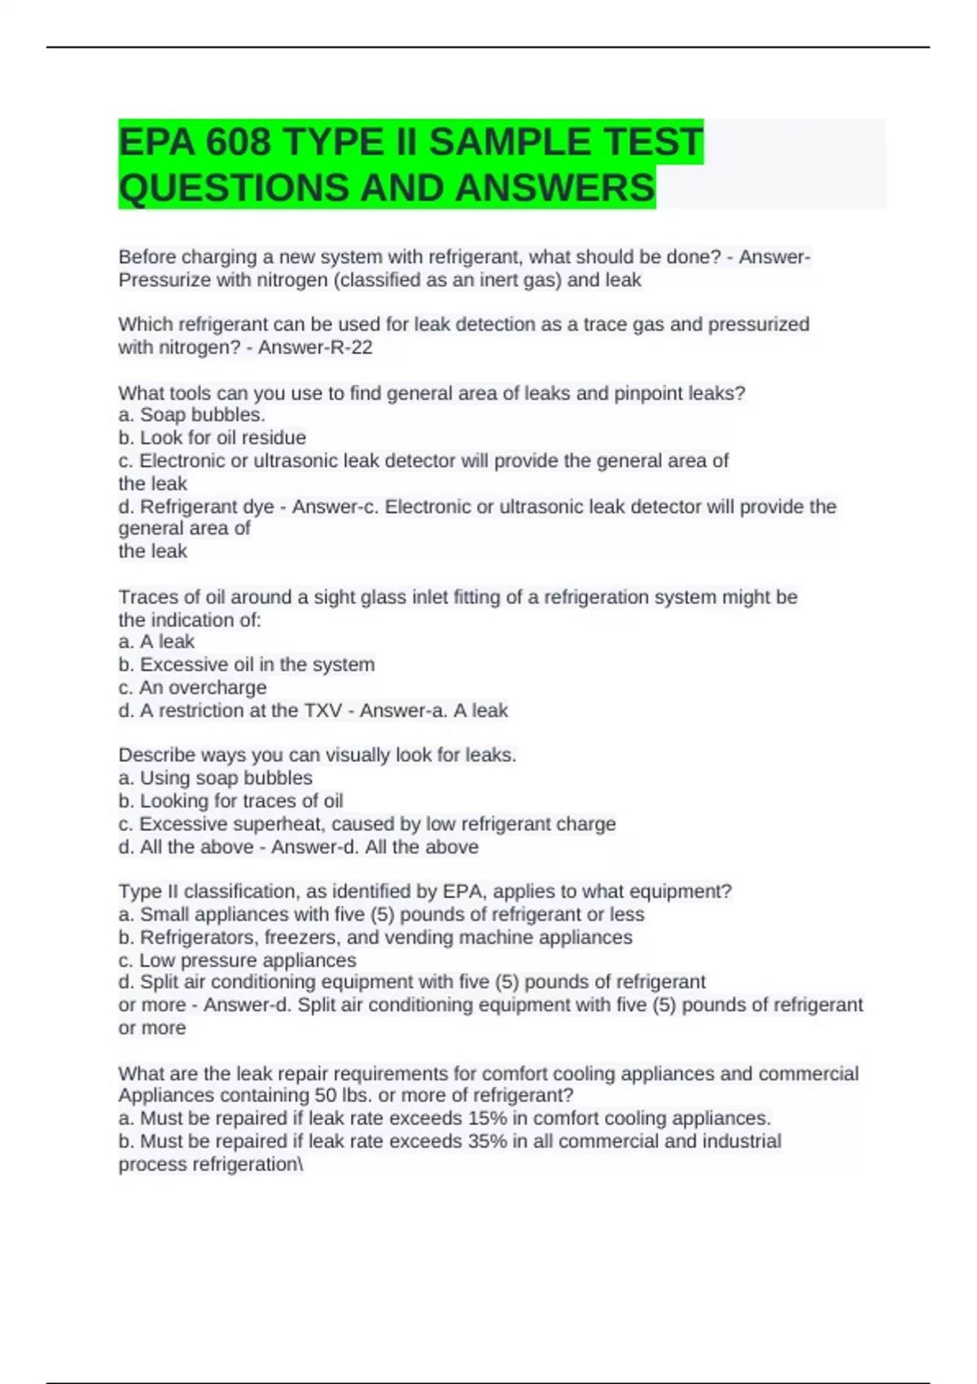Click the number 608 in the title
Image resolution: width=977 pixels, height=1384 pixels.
(238, 142)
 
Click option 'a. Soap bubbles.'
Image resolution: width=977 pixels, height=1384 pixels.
(192, 415)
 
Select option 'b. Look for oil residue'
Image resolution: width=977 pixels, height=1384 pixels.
(212, 438)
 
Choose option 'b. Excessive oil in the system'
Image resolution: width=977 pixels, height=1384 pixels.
(247, 664)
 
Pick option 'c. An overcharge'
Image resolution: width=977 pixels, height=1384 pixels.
(193, 687)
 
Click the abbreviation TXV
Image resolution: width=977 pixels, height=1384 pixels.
(322, 711)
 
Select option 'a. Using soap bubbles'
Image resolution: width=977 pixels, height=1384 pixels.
(216, 777)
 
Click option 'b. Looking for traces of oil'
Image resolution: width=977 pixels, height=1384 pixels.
(231, 801)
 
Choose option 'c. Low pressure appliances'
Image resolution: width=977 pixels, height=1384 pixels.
(238, 960)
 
